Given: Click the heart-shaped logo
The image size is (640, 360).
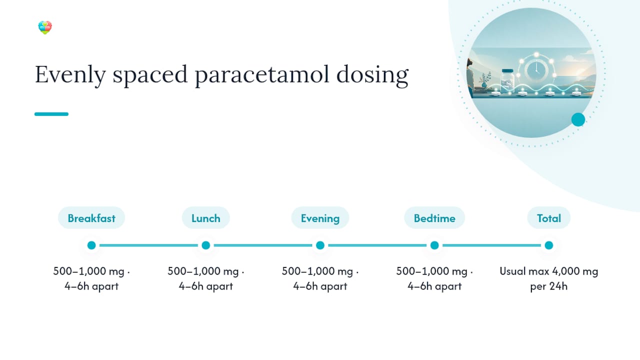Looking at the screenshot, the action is coord(45,27).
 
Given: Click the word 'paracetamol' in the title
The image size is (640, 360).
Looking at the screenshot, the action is coord(262,75).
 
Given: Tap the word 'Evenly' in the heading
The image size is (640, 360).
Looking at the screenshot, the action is coord(70,75).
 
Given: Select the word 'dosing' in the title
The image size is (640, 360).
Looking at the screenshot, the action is coord(372,75).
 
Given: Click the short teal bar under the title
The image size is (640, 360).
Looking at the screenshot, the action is coord(51,114).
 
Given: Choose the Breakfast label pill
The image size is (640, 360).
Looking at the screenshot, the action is coord(91,218).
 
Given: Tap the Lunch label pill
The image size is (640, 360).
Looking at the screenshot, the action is coord(205,218).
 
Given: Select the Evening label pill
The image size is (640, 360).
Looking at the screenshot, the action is coord(320,218).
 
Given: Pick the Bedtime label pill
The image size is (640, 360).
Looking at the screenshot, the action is coord(434,218).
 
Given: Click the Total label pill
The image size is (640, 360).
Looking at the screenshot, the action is coord(548,218).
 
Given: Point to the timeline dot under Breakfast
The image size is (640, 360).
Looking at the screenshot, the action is coord(91,245).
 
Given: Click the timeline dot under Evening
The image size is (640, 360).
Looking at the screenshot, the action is coord(320,245).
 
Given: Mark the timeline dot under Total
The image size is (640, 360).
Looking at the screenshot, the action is coord(548,245).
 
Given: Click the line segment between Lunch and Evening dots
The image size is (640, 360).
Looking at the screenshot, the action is coord(263,245).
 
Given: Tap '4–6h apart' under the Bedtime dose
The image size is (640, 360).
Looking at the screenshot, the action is coord(434,286).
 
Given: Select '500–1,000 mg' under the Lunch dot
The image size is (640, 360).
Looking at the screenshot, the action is coord(203,271).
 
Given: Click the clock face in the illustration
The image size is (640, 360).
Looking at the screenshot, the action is coord(536,70).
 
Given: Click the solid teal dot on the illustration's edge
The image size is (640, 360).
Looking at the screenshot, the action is coord(578,119).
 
